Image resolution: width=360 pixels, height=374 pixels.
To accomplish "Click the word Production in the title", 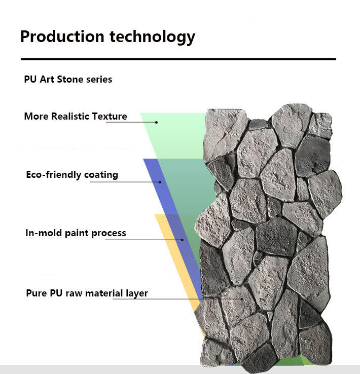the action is click(55, 37).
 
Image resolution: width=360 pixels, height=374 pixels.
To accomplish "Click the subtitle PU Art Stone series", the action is click(68, 80).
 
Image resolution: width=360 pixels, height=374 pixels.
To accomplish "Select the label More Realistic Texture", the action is click(76, 117).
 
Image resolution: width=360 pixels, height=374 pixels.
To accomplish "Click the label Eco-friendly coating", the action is click(72, 175).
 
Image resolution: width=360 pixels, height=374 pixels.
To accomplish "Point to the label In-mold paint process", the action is click(76, 233).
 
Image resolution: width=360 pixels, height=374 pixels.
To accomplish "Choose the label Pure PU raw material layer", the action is click(87, 293).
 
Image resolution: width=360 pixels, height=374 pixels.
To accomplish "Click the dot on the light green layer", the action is click(157, 122).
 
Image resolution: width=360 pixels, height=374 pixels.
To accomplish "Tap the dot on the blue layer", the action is click(160, 181).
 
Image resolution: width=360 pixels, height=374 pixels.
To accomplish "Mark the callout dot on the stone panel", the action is click(243, 299).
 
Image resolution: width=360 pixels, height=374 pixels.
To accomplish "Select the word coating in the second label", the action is click(101, 175).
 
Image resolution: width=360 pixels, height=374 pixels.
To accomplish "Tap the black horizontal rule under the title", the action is click(178, 59).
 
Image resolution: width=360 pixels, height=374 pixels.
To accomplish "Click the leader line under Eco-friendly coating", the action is click(124, 181).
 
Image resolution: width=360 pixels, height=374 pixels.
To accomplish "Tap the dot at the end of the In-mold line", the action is click(183, 240).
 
